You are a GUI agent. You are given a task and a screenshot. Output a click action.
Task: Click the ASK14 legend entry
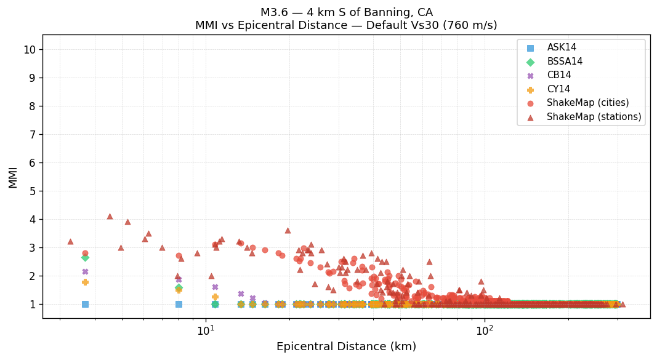pos(562,47)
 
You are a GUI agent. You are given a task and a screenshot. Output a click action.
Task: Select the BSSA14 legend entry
pos(565,62)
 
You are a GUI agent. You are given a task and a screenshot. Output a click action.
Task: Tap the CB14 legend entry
pos(558,75)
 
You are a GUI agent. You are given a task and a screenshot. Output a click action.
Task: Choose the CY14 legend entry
pos(558,89)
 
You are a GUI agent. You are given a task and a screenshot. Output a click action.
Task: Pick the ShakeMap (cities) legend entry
pos(587,103)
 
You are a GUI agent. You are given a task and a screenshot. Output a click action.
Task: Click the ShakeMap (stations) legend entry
pos(594,117)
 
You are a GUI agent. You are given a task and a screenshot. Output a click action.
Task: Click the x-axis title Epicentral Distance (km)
pos(346,347)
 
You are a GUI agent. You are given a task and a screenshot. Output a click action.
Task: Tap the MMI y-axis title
pos(13,177)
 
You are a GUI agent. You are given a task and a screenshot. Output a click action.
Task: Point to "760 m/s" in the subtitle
pos(465,26)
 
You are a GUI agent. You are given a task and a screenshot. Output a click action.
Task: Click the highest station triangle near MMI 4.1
pos(110,216)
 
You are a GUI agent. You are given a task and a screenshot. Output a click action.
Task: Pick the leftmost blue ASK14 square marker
pos(85,304)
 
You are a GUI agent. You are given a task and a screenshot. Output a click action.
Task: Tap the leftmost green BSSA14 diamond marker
pos(85,257)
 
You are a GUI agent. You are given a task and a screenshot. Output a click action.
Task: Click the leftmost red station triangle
pos(70,241)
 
